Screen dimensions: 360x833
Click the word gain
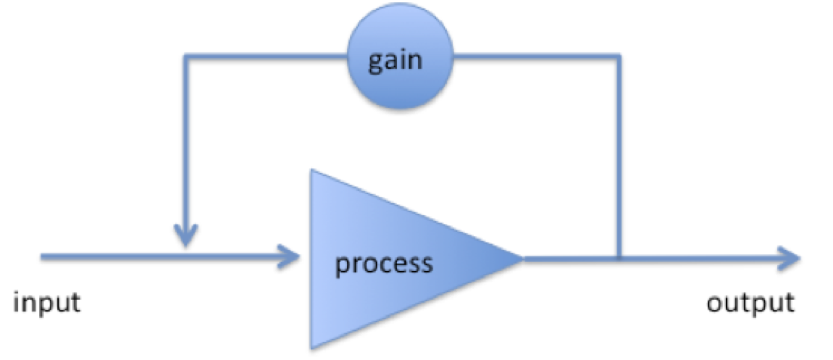coord(395,59)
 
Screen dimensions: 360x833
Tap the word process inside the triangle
coord(383,262)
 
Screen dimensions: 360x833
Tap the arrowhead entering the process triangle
coord(292,256)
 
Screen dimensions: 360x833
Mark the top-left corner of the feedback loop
coord(187,56)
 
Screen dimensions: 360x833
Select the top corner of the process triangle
coord(311,171)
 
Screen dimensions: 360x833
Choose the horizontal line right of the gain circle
coord(536,56)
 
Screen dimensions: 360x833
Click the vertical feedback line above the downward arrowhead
coord(187,145)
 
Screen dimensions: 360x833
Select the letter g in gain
coord(376,61)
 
